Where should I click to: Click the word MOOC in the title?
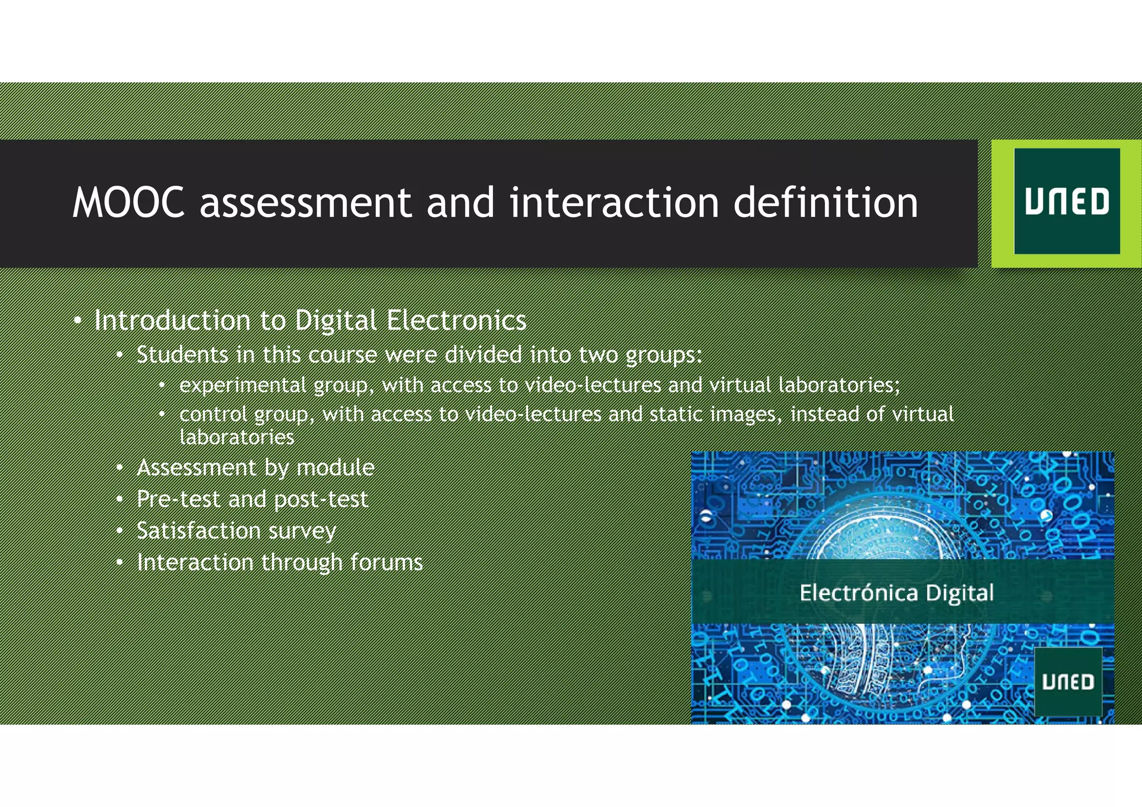128,202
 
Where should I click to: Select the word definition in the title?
825,202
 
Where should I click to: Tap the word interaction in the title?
613,202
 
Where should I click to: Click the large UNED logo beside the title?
1067,202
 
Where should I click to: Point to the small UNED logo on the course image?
1068,682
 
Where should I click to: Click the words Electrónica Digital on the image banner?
896,592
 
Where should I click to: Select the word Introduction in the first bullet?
172,320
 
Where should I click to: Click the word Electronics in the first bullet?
456,320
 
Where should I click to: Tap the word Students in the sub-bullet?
182,355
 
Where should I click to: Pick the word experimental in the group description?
243,385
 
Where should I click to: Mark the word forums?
386,562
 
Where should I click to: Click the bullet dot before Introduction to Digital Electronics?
78,321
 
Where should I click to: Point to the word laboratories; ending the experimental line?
839,385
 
